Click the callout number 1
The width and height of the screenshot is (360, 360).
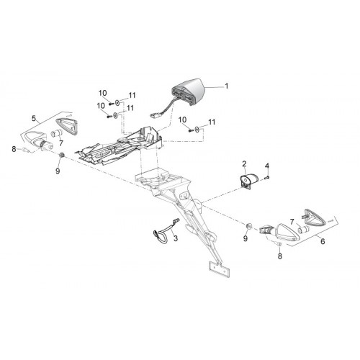(x=226, y=86)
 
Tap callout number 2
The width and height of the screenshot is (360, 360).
(x=244, y=164)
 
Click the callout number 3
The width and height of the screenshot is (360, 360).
(x=176, y=238)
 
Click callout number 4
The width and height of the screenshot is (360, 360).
(x=267, y=166)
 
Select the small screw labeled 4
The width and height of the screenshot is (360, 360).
(x=268, y=177)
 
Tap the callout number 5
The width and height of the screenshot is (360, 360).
(x=34, y=118)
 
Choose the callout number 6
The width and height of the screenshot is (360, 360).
(x=323, y=241)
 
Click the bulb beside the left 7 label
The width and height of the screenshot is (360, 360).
(x=57, y=132)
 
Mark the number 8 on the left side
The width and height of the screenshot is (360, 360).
(x=14, y=149)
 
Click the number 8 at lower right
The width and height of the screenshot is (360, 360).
(x=280, y=256)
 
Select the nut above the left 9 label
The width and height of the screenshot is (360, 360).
(x=61, y=155)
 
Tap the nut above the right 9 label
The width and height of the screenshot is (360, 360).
(x=249, y=225)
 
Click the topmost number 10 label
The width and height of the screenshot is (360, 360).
(x=102, y=93)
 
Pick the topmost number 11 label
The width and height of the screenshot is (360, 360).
(x=132, y=95)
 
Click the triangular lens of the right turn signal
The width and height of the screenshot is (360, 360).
(x=315, y=218)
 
